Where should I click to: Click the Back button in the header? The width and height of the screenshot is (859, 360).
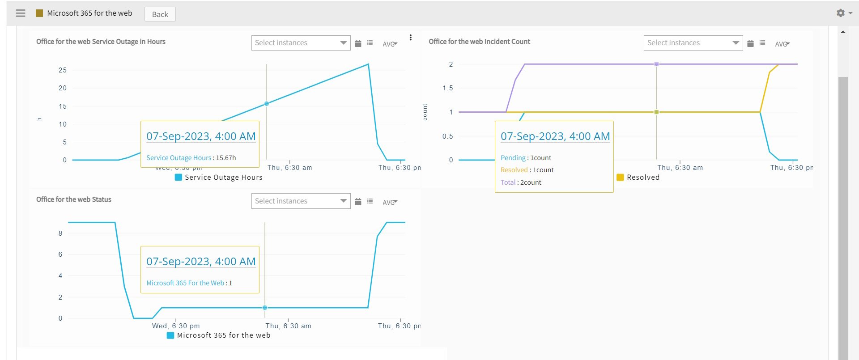(x=160, y=14)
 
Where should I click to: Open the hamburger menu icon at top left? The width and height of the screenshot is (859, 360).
(x=21, y=13)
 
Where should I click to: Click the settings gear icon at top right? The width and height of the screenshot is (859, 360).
(x=841, y=13)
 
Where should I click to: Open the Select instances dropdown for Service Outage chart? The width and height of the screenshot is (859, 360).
(x=301, y=43)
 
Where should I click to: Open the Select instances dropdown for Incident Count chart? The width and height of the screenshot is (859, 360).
(x=693, y=43)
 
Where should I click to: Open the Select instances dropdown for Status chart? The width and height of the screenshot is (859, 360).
(x=301, y=201)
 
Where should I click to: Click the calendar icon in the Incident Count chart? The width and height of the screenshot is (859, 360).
(x=750, y=43)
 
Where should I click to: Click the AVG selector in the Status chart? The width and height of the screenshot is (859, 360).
(x=390, y=203)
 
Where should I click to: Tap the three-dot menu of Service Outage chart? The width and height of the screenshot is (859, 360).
(x=411, y=38)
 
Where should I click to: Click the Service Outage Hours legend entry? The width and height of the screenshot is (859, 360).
(x=219, y=178)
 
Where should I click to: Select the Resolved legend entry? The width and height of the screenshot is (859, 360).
(x=638, y=178)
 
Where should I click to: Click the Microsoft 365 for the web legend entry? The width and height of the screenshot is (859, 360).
(x=219, y=335)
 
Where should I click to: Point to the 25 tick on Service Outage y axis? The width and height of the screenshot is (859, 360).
(x=63, y=70)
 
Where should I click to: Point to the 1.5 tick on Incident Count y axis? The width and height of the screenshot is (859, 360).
(x=448, y=88)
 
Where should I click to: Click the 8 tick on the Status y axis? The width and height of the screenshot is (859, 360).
(x=60, y=233)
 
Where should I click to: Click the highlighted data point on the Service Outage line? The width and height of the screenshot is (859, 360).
(x=267, y=104)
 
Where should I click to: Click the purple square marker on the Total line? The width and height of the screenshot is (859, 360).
(x=656, y=64)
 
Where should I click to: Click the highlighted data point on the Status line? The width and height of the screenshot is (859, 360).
(x=265, y=308)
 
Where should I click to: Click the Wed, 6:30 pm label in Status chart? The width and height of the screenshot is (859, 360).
(x=176, y=326)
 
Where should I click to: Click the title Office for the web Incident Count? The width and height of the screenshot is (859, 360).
(x=479, y=42)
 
